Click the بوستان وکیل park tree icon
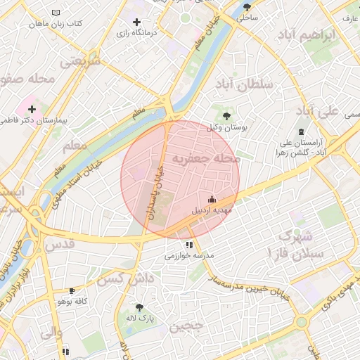click(226, 115)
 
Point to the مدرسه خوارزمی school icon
click(189, 245)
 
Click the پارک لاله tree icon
click(139, 307)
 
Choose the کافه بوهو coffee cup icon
click(72, 290)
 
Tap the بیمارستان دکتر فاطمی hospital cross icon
click(32, 109)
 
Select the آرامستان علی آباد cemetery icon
click(302, 132)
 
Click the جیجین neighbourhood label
click(187, 326)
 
